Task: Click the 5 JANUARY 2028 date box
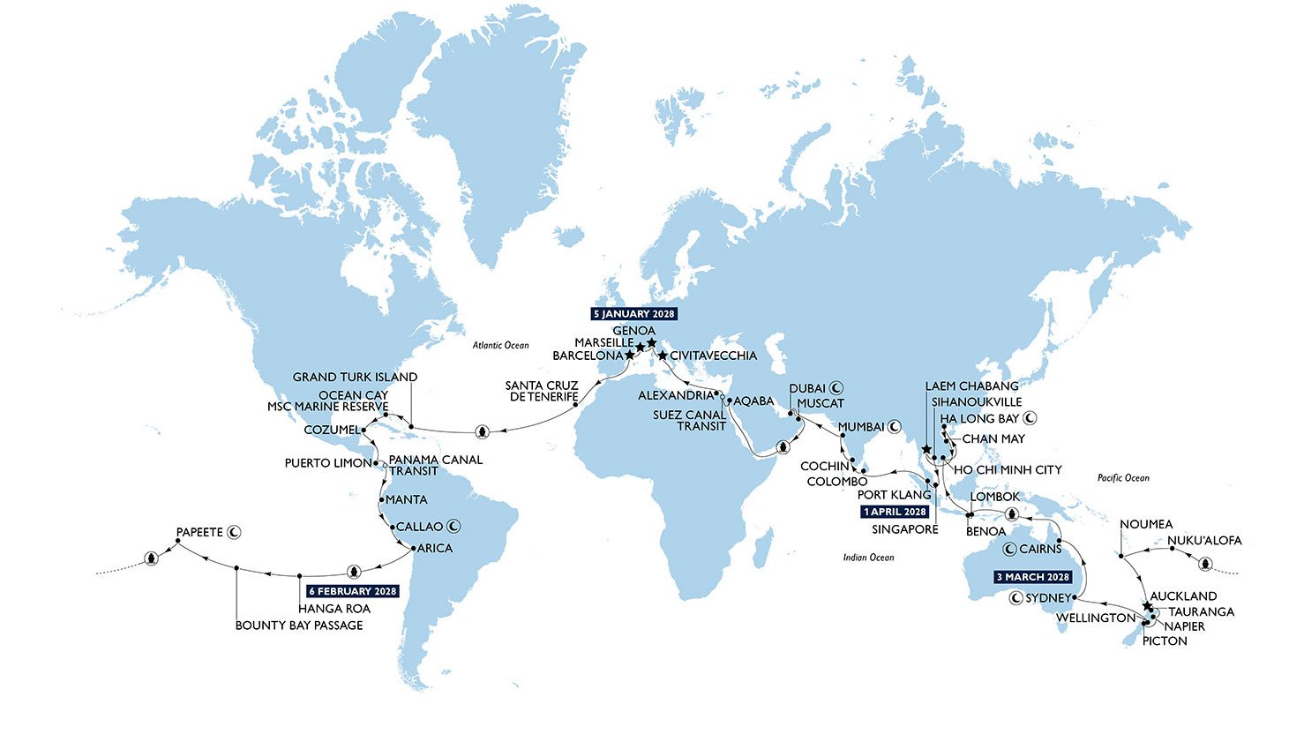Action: [x=633, y=314]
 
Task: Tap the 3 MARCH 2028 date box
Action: [x=1033, y=577]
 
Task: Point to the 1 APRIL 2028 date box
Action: [x=896, y=512]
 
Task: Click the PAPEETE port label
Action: [x=199, y=532]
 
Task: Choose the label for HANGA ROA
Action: [x=333, y=609]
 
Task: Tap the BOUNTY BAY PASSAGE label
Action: [x=299, y=625]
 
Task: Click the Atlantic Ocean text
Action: [x=500, y=345]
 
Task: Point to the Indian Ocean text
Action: [x=868, y=557]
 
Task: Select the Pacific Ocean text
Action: [x=1123, y=478]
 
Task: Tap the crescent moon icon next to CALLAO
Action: [x=454, y=527]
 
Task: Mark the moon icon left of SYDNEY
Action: [x=1015, y=598]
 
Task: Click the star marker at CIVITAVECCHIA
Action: [x=662, y=356]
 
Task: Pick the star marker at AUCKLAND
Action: [x=1147, y=607]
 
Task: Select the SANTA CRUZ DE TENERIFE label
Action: [x=542, y=391]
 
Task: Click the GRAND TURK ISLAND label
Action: [x=355, y=377]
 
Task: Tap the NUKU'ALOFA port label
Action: [x=1203, y=540]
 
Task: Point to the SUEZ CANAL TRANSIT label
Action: [x=689, y=420]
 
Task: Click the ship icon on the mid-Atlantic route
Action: [x=482, y=431]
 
